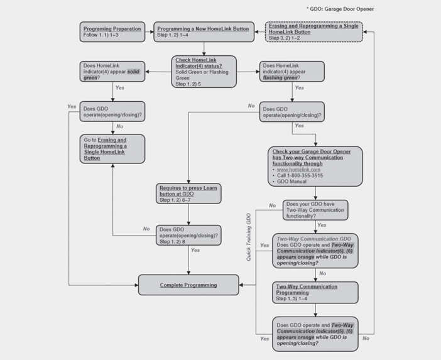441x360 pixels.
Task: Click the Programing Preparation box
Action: click(x=112, y=31)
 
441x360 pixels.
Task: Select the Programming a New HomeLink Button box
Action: click(x=204, y=31)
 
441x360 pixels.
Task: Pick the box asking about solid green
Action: click(x=112, y=72)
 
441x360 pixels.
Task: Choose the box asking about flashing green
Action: click(x=291, y=72)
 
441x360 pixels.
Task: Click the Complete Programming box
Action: click(x=188, y=285)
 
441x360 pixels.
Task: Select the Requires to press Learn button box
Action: click(x=188, y=194)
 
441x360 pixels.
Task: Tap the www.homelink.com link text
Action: click(x=298, y=170)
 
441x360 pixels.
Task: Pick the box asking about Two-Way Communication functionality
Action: click(x=314, y=209)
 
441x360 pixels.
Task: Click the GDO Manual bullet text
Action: click(x=291, y=182)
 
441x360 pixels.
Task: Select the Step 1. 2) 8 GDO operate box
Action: click(x=188, y=234)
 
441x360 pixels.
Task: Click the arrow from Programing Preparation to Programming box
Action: click(x=150, y=31)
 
